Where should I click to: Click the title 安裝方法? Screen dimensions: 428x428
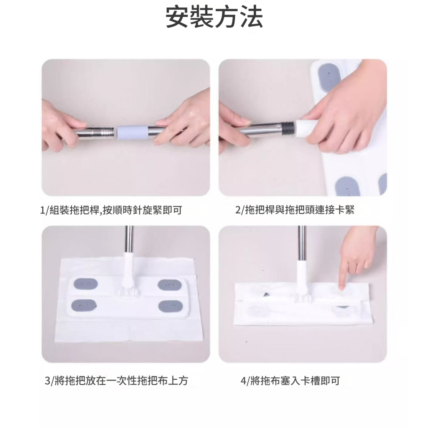coord(214,17)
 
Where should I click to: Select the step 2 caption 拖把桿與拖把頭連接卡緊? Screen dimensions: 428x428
coord(295,210)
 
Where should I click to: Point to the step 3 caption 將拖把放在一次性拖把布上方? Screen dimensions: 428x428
coord(117,380)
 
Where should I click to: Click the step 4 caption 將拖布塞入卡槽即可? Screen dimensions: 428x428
coord(290,380)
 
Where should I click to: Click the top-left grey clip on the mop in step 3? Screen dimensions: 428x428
coord(86,284)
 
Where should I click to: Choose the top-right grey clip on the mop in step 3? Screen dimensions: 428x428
coord(170,285)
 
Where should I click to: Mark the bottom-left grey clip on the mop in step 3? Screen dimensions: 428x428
coord(84,306)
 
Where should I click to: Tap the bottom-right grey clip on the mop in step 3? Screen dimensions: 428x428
coord(171,306)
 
